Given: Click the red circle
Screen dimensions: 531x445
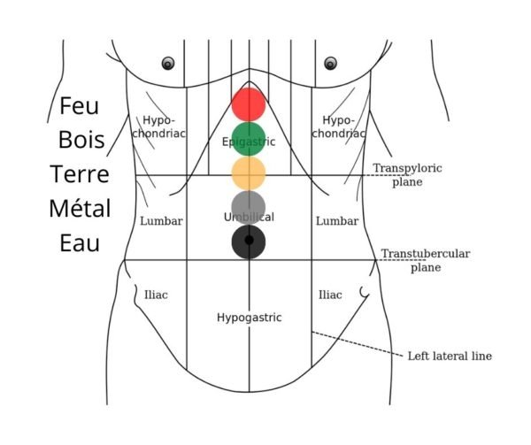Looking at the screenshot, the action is click(249, 104).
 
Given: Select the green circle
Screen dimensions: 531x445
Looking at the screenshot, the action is click(249, 139).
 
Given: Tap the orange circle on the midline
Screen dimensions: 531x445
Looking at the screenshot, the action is click(249, 173).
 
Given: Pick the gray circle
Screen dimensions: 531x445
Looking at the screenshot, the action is click(249, 207).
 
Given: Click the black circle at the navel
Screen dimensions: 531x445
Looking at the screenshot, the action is click(249, 242).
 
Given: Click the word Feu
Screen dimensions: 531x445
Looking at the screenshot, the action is click(80, 106).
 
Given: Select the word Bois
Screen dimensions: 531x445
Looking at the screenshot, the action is click(81, 140).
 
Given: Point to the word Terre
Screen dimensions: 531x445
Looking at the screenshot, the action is click(80, 174).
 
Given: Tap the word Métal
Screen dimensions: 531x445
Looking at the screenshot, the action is click(80, 208).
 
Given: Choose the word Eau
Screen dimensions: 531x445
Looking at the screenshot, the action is click(80, 243).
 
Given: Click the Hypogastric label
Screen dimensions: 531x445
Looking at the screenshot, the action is click(250, 318).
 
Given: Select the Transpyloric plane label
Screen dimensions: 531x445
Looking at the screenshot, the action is click(407, 174).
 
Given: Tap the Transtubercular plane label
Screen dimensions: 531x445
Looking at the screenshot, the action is click(426, 260).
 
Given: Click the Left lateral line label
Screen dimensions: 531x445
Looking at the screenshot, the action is click(450, 356).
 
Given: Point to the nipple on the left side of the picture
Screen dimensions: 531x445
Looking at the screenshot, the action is click(168, 64).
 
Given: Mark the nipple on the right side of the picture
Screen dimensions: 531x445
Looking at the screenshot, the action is click(330, 64).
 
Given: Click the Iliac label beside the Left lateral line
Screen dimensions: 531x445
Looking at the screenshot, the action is click(330, 295).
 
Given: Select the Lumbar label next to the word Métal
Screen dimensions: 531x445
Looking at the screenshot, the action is click(161, 221).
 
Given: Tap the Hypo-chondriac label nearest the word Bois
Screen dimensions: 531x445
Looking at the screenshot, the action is click(158, 127).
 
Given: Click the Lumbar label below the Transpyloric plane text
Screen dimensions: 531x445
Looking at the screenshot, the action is click(337, 221).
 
